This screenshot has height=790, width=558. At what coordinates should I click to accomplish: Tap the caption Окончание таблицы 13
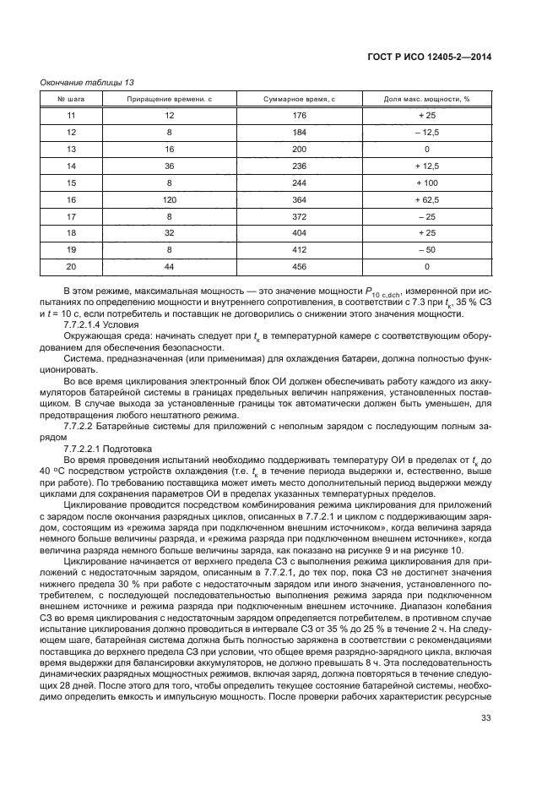(87, 82)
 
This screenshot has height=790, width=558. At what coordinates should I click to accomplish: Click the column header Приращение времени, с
(169, 100)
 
